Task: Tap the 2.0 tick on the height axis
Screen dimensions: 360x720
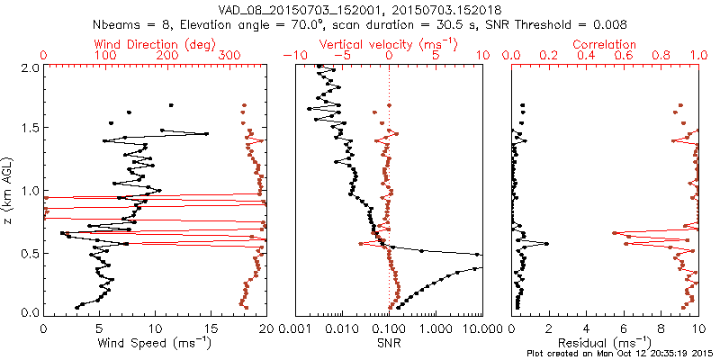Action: point(30,67)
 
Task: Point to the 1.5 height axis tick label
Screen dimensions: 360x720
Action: point(30,129)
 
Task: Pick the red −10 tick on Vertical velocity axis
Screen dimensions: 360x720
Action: point(290,56)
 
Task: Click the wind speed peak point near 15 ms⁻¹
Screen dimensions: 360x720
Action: point(206,134)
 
